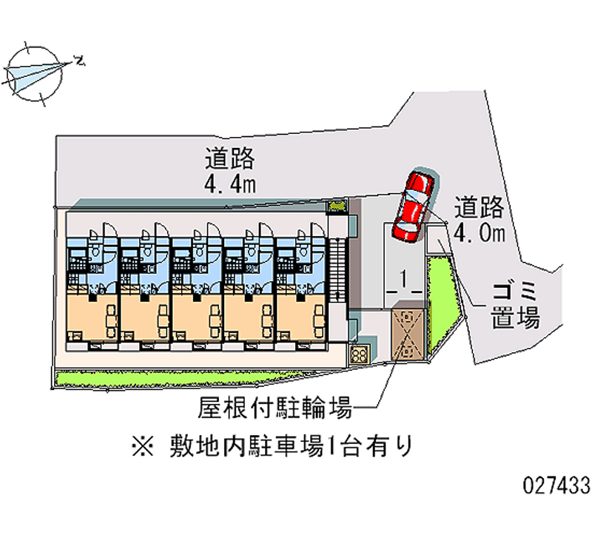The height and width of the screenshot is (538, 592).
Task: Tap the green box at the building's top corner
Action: point(337,206)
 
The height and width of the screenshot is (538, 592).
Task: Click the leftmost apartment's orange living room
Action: point(92,318)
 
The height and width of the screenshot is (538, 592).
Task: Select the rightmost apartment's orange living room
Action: point(300,318)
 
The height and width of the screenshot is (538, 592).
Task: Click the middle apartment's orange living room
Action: point(196,318)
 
